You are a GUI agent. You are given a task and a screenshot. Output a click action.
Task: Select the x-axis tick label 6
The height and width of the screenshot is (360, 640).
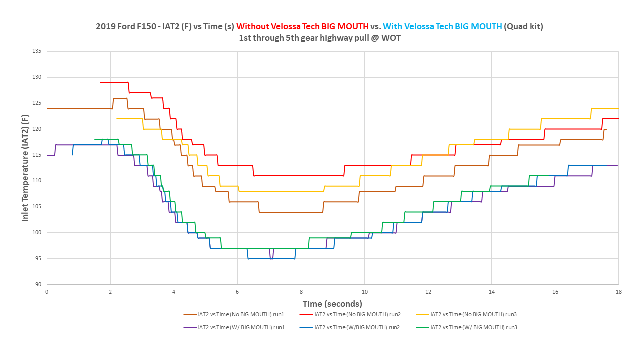[237, 292]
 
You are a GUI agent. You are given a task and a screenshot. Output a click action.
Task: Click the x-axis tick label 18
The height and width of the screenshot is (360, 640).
[618, 292]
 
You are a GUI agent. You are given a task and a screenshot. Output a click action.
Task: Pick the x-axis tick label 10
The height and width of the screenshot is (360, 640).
[364, 292]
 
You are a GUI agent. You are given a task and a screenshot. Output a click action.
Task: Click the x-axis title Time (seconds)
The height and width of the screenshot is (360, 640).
[332, 304]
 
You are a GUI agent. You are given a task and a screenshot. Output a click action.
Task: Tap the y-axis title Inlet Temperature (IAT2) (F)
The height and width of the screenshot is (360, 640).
[25, 168]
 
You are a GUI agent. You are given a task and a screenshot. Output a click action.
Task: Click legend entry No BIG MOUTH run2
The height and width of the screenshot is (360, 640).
[357, 315]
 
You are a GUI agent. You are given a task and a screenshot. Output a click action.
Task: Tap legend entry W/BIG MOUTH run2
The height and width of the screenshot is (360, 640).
[357, 328]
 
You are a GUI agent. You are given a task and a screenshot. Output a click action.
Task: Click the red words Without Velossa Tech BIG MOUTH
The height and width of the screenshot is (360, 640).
[302, 26]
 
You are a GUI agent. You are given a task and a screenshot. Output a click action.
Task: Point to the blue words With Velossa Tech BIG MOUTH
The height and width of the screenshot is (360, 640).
[442, 26]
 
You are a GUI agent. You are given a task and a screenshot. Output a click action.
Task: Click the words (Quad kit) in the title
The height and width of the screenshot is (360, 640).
[524, 26]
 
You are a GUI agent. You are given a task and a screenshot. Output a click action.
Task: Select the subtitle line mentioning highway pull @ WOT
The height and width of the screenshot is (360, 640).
[320, 38]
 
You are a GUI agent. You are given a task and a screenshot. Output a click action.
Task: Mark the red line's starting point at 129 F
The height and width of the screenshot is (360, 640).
[101, 82]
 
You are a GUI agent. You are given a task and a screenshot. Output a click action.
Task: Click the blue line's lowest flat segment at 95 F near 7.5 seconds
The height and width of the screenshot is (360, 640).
[285, 258]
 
